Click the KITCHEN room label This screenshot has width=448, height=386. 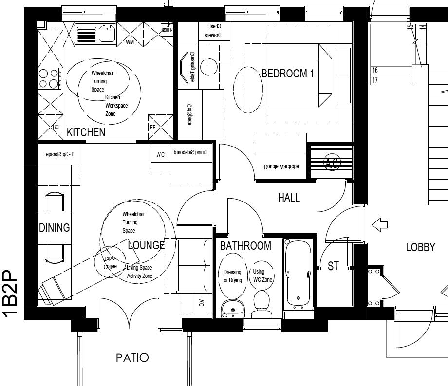pyautogui.click(x=86, y=132)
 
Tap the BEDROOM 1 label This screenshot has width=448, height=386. pyautogui.click(x=288, y=74)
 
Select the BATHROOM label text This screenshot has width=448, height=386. pyautogui.click(x=245, y=246)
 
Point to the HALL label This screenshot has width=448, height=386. pyautogui.click(x=289, y=198)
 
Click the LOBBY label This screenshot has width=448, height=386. pyautogui.click(x=420, y=247)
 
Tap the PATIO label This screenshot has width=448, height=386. pyautogui.click(x=132, y=358)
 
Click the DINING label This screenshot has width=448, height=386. pyautogui.click(x=55, y=227)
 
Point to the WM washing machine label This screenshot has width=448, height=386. pyautogui.click(x=130, y=42)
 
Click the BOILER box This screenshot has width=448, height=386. pyautogui.click(x=167, y=30)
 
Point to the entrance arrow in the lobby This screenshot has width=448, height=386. pyautogui.click(x=379, y=225)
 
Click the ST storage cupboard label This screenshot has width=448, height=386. pyautogui.click(x=333, y=266)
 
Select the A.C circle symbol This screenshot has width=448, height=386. pyautogui.click(x=332, y=163)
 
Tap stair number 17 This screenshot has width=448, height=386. pyautogui.click(x=375, y=80)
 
